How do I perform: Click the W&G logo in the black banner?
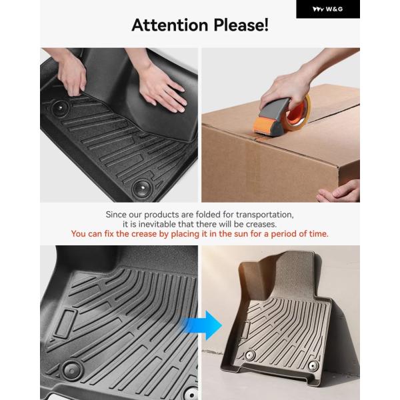coord(327,9)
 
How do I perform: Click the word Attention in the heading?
coord(170,25)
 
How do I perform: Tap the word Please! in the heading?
coord(241,25)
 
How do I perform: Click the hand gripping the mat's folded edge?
coord(71,74)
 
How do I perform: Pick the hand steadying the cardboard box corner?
coord(339,191)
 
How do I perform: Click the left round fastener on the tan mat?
coord(250,355)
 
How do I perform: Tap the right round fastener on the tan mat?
coord(313,366)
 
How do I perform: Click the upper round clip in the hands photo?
coord(60,107)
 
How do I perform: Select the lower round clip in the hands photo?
coord(142,189)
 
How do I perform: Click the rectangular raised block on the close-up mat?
coord(65,323)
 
